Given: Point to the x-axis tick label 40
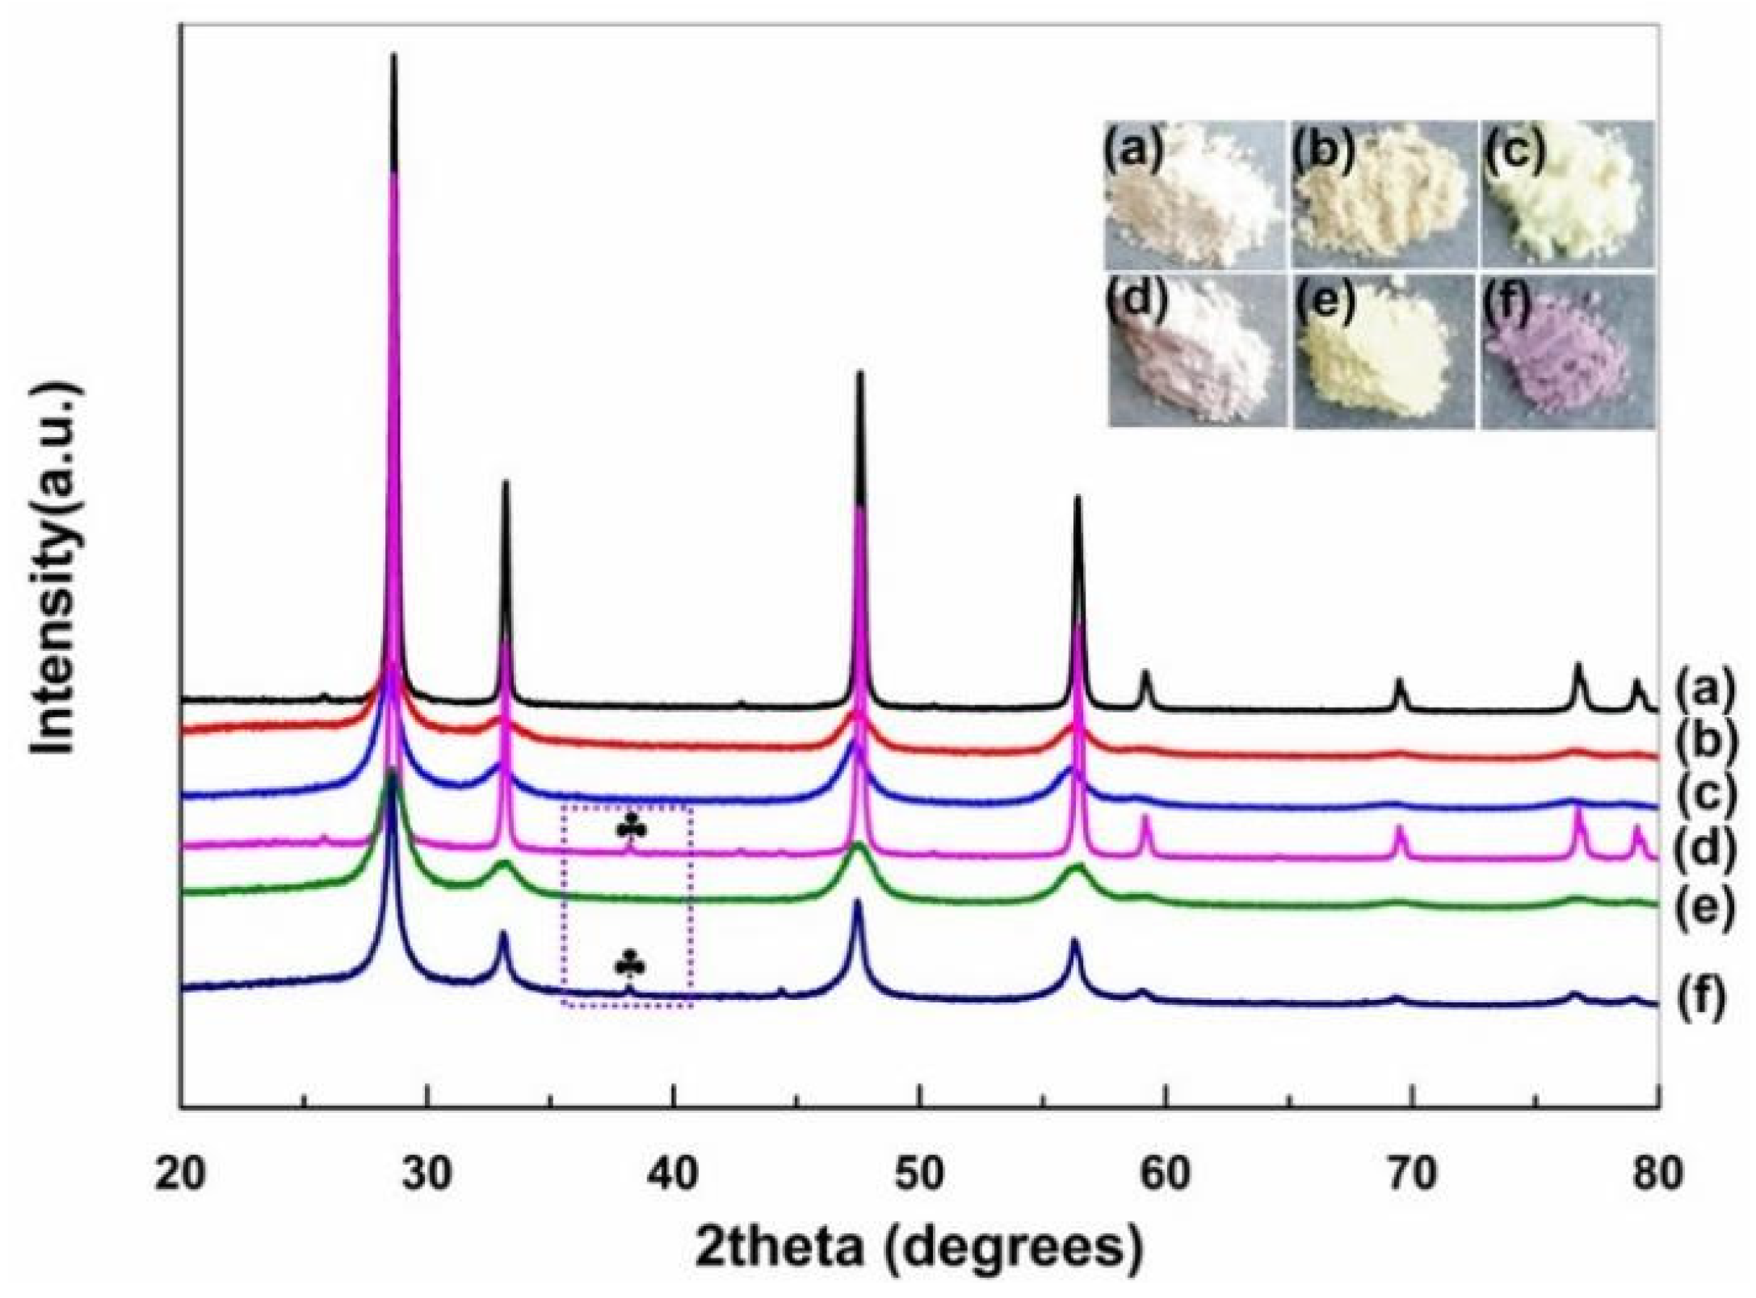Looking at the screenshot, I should pyautogui.click(x=673, y=1174).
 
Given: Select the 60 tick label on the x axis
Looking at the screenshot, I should pyautogui.click(x=1166, y=1174).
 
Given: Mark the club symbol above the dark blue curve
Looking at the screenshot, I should pyautogui.click(x=630, y=964).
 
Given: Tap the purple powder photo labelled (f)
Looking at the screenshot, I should pyautogui.click(x=1567, y=351).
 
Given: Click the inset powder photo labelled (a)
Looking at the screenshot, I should pyautogui.click(x=1194, y=194).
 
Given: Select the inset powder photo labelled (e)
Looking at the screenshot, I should pyautogui.click(x=1383, y=351).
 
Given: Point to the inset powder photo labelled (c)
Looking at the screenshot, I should pyautogui.click(x=1567, y=194).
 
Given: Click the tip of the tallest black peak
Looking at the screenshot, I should pyautogui.click(x=393, y=57).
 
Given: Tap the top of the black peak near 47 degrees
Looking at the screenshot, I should pyautogui.click(x=859, y=373).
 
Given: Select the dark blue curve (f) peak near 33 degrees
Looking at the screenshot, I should pyautogui.click(x=503, y=934).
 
